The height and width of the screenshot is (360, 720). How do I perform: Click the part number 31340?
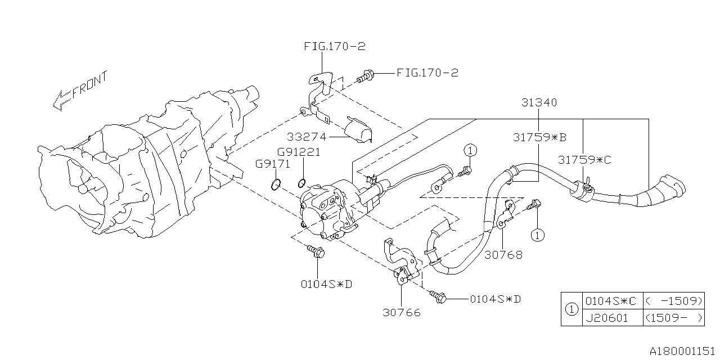point(539,103)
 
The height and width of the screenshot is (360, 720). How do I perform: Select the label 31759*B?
point(539,137)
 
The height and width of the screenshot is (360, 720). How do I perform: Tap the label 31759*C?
point(584,160)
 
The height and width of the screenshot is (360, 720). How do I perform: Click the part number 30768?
point(503,255)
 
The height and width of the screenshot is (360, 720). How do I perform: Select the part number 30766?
point(401,313)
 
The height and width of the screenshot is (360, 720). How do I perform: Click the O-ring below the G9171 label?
point(275,184)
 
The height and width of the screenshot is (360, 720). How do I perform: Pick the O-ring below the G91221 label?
point(301,182)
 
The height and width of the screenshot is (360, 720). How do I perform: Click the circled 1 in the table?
point(571,309)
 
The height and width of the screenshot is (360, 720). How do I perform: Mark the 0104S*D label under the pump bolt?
point(326,283)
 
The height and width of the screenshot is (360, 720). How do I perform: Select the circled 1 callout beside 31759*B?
point(471,150)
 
